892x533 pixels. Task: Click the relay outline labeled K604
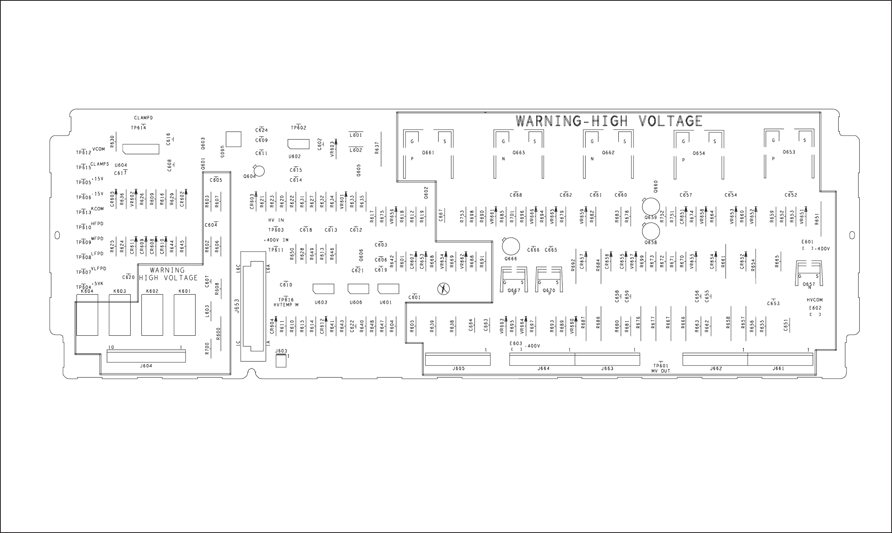pos(87,315)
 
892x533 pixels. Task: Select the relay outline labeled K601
pos(184,315)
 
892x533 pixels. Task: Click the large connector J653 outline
pos(253,306)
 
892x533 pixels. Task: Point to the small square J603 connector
pos(281,361)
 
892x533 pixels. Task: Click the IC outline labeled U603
pos(323,289)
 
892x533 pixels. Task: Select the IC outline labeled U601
pos(388,289)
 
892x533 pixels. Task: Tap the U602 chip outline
pos(298,144)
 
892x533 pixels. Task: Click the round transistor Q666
pos(511,246)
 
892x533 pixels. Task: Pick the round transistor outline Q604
pos(259,171)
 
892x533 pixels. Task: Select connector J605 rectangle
pos(458,359)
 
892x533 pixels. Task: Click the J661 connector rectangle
pos(780,359)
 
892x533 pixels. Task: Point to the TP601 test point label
pos(661,366)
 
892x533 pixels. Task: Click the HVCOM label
pos(815,300)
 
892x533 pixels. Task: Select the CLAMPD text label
pos(143,118)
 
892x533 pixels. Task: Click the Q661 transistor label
pos(428,153)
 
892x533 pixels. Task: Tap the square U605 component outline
pos(233,139)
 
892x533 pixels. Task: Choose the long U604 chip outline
pos(141,149)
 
